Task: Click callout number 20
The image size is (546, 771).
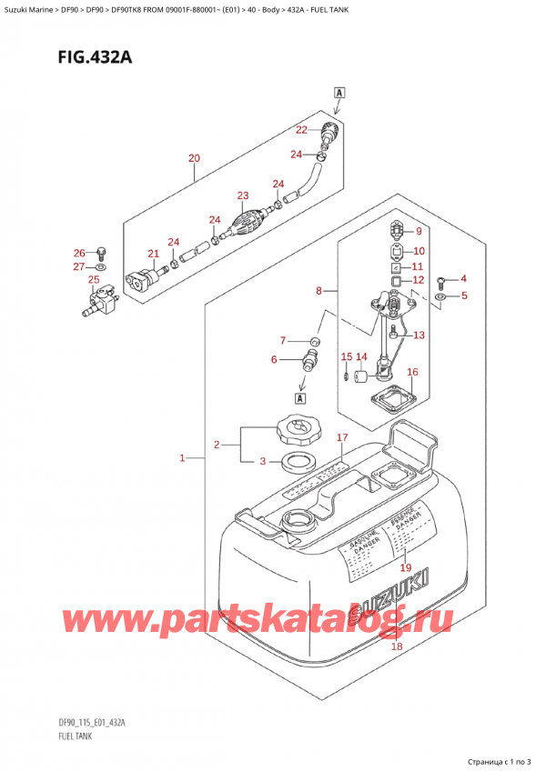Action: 193,158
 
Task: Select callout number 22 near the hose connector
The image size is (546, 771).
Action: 301,129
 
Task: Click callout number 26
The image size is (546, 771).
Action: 78,252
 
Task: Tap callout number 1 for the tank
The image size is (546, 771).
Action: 184,458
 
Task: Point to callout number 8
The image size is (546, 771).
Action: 318,292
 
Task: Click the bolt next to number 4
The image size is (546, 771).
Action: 441,280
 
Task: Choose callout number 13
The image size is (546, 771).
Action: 419,335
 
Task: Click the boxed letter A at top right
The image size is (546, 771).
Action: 339,92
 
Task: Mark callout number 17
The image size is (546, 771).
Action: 342,438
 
